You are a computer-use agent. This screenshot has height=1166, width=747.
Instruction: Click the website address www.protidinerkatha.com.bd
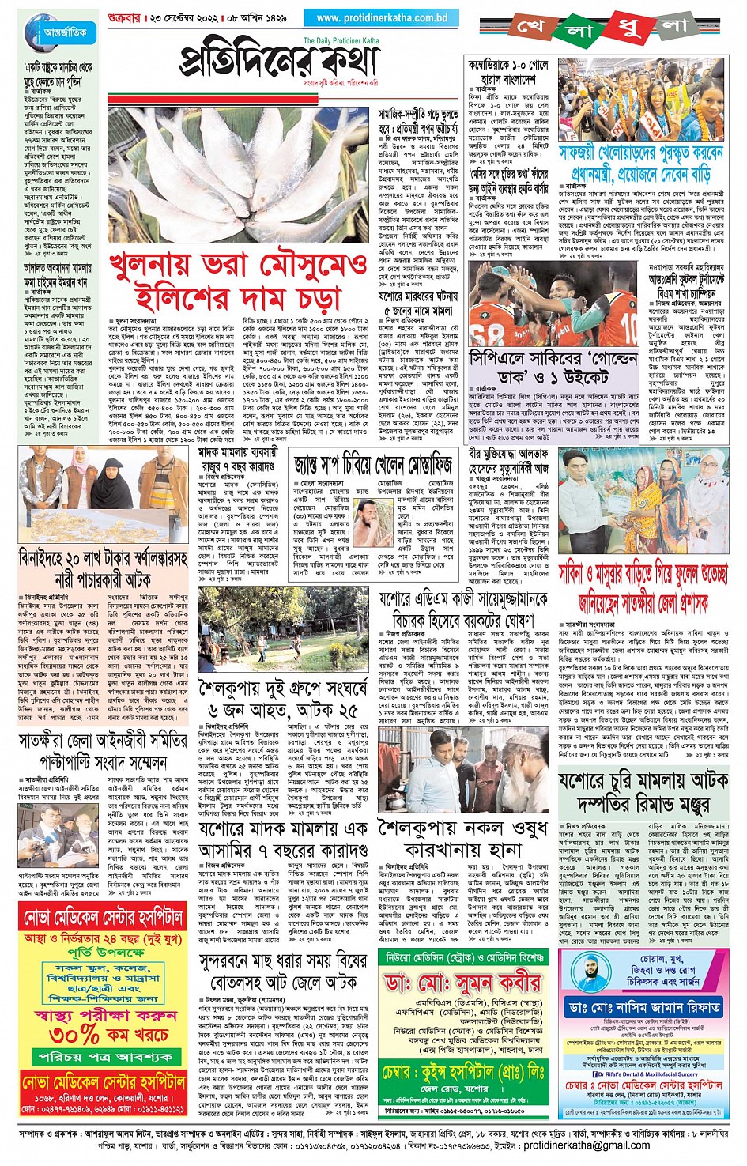point(382,17)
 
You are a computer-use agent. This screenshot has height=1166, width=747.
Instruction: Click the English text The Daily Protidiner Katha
point(341,40)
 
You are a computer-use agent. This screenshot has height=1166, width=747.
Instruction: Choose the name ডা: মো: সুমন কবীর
point(462,984)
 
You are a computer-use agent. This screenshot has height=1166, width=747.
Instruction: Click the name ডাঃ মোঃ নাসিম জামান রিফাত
point(643,1007)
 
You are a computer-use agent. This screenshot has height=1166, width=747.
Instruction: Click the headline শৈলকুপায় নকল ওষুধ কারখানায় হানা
point(463,840)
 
